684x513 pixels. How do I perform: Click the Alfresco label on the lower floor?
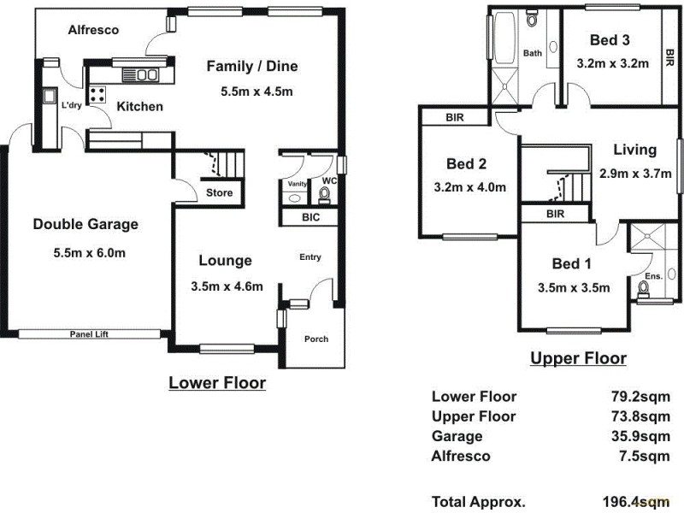(x=93, y=30)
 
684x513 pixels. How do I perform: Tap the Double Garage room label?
(x=85, y=225)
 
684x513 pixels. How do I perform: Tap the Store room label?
(x=219, y=193)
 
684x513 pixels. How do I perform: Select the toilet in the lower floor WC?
(x=324, y=196)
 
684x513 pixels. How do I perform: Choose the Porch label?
(x=316, y=339)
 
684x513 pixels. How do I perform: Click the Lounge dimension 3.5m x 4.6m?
(x=227, y=286)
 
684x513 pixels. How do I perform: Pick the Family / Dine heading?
(x=252, y=66)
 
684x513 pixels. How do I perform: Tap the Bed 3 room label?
(x=610, y=39)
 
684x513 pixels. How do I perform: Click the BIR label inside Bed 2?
(x=454, y=118)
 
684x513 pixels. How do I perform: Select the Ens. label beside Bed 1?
(x=652, y=276)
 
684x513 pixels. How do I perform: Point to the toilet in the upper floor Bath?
(x=532, y=19)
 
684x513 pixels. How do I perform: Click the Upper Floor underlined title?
(x=578, y=358)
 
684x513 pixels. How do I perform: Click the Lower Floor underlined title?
(x=216, y=382)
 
